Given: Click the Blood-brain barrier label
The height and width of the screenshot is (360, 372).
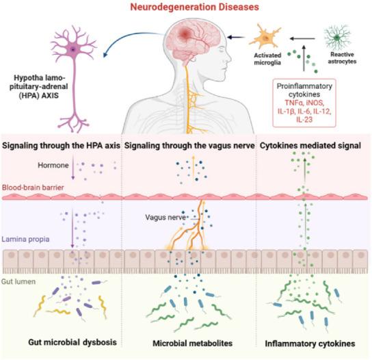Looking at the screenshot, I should click(x=30, y=185).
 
